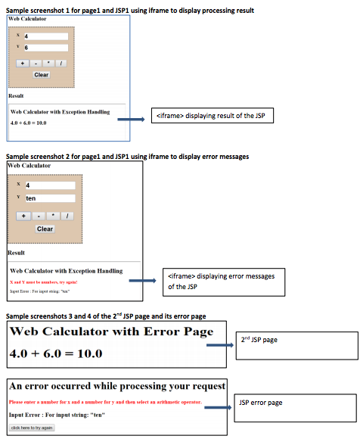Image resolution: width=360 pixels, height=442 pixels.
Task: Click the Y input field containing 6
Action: point(45,47)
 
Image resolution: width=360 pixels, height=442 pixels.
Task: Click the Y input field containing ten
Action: point(50,198)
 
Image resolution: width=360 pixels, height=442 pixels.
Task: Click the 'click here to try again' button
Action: point(32,428)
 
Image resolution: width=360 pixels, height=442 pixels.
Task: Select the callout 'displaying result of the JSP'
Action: point(213,116)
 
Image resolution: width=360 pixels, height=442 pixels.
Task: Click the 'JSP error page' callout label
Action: point(296,407)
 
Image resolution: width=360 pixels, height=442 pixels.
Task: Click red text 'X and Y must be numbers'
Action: point(44,282)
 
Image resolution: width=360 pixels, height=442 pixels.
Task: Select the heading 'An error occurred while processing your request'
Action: point(117,386)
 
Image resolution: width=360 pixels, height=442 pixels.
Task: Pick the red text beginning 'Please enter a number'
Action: point(104,402)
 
